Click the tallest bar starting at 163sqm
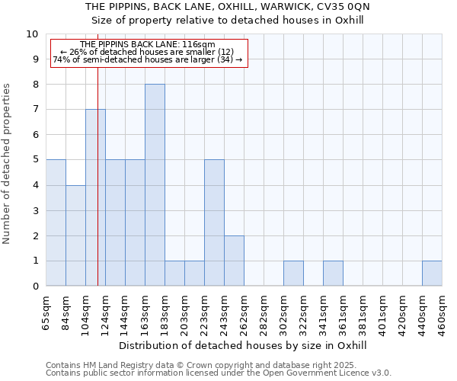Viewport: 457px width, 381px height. [x=155, y=185]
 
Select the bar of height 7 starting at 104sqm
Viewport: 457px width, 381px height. [x=95, y=197]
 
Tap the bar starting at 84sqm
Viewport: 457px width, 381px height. [x=75, y=235]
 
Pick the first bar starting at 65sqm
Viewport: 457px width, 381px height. [x=56, y=223]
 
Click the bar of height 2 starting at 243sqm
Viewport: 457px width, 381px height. [x=234, y=261]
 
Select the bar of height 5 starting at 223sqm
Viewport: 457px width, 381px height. [x=214, y=223]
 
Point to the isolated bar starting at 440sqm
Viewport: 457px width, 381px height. [x=432, y=274]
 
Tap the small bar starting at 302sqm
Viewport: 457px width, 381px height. [x=293, y=274]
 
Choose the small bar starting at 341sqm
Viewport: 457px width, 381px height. [x=333, y=274]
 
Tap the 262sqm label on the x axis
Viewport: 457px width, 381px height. [x=244, y=314]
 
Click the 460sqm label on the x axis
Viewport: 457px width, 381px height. [x=442, y=314]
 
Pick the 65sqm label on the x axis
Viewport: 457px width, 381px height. [x=46, y=314]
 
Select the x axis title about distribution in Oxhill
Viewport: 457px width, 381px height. [x=243, y=345]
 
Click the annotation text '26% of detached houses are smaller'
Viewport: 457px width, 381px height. [x=149, y=52]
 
